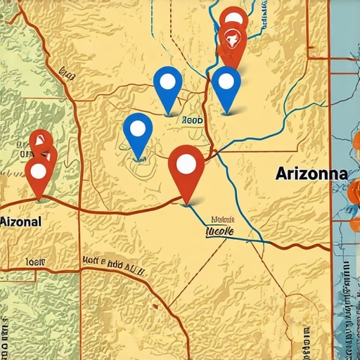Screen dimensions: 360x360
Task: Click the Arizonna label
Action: [311, 173]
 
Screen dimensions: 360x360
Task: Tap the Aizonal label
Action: [21, 221]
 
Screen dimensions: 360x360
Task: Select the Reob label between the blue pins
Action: [192, 121]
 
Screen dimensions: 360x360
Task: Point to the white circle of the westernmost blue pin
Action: [138, 128]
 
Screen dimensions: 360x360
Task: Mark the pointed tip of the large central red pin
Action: [186, 205]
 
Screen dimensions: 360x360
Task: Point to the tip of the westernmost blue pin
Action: [139, 159]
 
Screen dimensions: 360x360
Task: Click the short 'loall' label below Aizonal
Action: [35, 262]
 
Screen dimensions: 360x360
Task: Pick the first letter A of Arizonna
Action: [282, 173]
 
